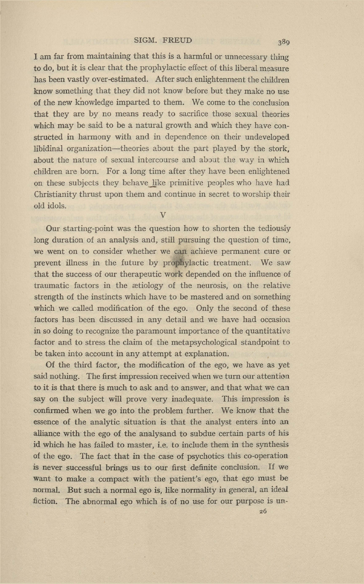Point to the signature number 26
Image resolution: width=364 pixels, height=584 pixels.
(263, 511)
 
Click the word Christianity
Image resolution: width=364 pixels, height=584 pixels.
(57, 194)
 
